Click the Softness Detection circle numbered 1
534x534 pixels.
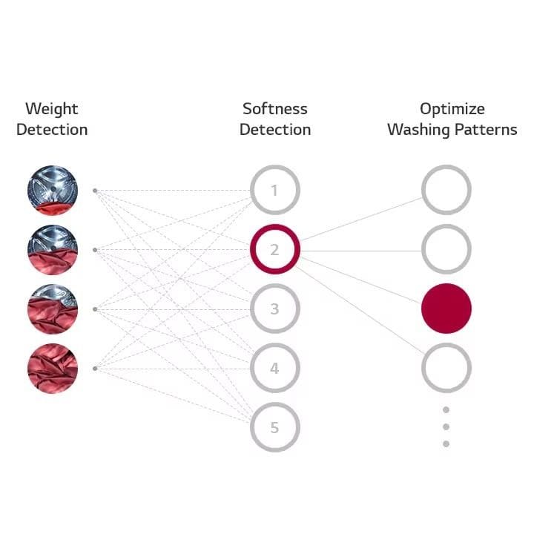tap(274, 191)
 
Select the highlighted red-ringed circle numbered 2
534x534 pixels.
tap(274, 250)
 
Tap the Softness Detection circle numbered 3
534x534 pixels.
tap(274, 309)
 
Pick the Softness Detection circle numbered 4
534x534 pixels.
tap(274, 368)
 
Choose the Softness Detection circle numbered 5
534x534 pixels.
tap(274, 427)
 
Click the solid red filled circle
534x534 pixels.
tap(446, 309)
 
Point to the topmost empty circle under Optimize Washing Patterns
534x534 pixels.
tap(446, 191)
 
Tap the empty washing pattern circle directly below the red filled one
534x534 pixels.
tap(446, 368)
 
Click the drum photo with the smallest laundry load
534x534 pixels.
tap(52, 191)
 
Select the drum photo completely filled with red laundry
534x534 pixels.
tap(52, 369)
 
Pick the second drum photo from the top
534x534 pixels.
tap(52, 250)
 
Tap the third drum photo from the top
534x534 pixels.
tap(52, 309)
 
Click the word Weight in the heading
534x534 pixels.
tap(52, 109)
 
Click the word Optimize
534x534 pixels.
tap(452, 109)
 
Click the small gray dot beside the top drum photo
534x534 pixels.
tap(95, 191)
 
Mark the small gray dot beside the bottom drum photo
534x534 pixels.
tap(95, 369)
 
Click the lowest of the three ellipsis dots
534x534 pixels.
tap(446, 444)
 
